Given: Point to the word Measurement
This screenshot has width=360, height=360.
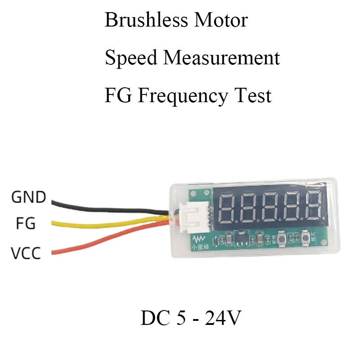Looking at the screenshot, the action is pyautogui.click(x=221, y=58).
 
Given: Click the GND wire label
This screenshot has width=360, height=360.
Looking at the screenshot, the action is pyautogui.click(x=28, y=197).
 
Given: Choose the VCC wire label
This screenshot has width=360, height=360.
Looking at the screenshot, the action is pyautogui.click(x=26, y=253).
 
